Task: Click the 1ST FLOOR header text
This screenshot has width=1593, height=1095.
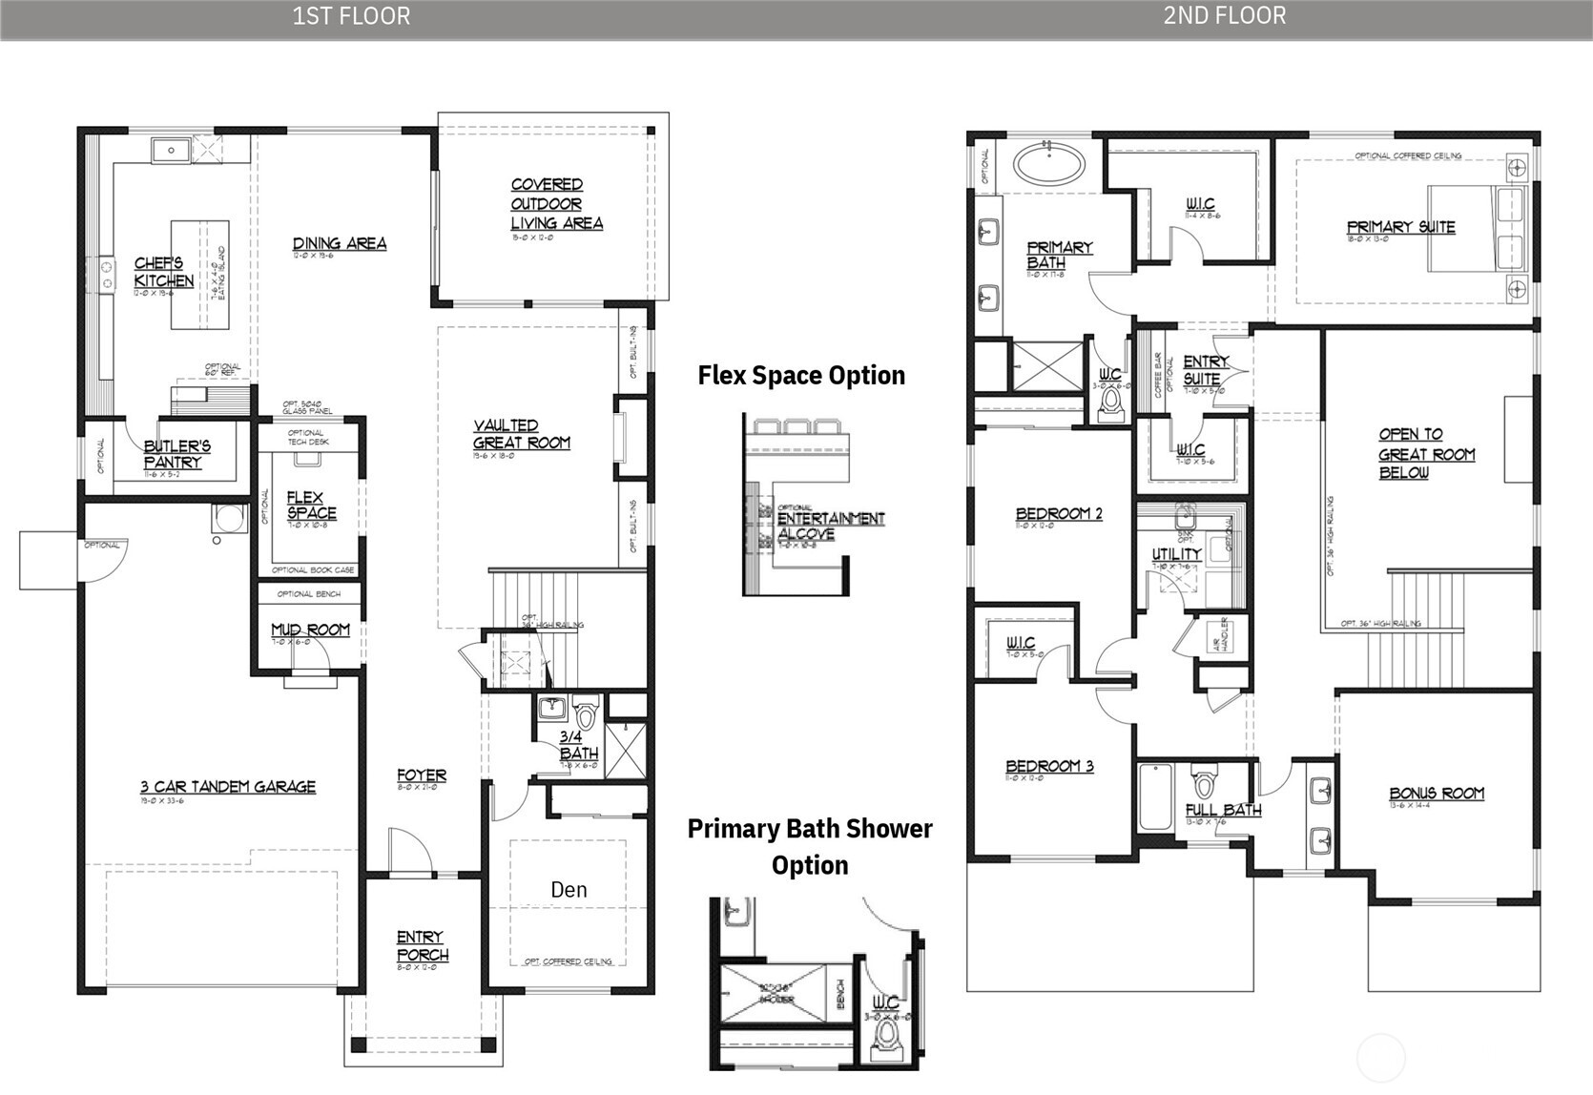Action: coord(351,16)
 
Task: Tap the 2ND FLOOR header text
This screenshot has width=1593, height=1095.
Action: coord(1224,15)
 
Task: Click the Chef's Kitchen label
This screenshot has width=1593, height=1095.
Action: coord(164,272)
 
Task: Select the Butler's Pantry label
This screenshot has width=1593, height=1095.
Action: coord(176,454)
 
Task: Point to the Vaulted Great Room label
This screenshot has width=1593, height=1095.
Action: coord(521,434)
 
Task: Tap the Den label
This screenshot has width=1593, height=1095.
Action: coord(569,890)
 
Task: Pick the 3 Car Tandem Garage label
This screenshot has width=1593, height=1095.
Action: coord(227,787)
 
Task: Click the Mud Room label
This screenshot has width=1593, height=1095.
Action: coord(310,630)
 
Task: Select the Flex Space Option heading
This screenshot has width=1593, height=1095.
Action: coord(801,375)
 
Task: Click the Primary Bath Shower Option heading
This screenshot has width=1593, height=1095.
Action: coord(810,846)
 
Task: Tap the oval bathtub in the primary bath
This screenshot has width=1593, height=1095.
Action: coord(1048,164)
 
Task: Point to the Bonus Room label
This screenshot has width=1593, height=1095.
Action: coord(1436,794)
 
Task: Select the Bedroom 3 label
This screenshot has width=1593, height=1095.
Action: coord(1049,766)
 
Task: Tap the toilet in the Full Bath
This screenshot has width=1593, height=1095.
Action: coord(1204,784)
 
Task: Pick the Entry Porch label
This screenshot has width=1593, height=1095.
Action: coord(422,945)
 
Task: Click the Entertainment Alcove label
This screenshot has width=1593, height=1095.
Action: coord(830,526)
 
